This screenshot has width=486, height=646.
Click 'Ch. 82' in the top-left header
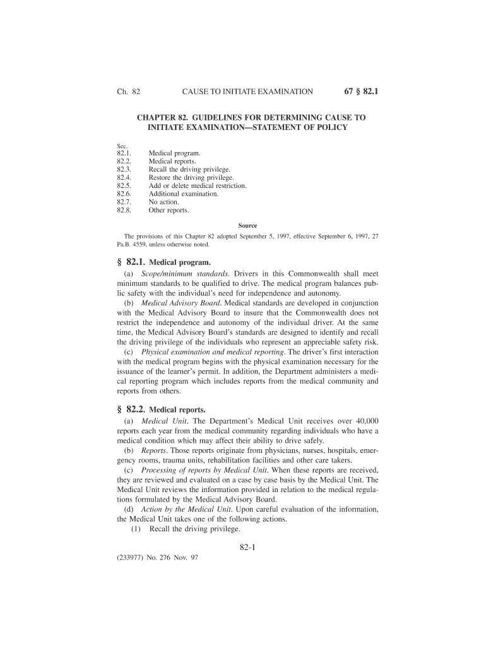128,92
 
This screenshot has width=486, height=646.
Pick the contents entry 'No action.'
163,203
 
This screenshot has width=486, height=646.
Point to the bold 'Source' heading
247,226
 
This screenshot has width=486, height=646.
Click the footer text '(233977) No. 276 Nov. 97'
158,559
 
